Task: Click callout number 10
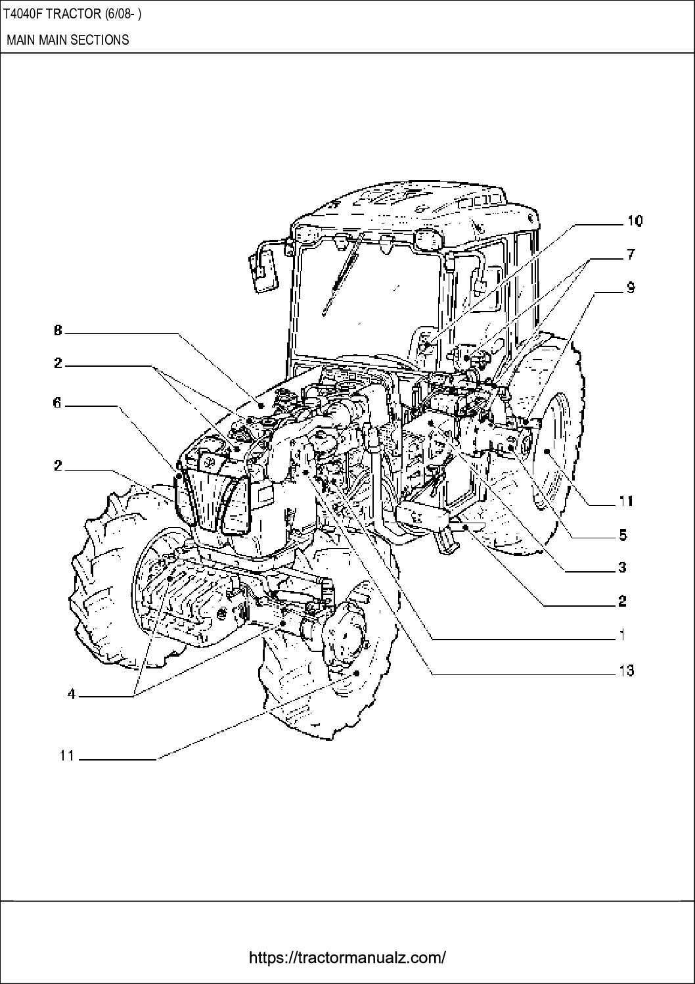634,221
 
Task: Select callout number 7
629,253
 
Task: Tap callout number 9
630,287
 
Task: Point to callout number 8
58,332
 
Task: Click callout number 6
58,403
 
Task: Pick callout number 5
623,535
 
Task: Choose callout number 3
623,567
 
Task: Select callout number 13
625,670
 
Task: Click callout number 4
72,694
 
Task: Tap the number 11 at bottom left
66,756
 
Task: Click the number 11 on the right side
625,502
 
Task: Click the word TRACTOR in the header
72,14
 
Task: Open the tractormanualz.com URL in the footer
347,958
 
